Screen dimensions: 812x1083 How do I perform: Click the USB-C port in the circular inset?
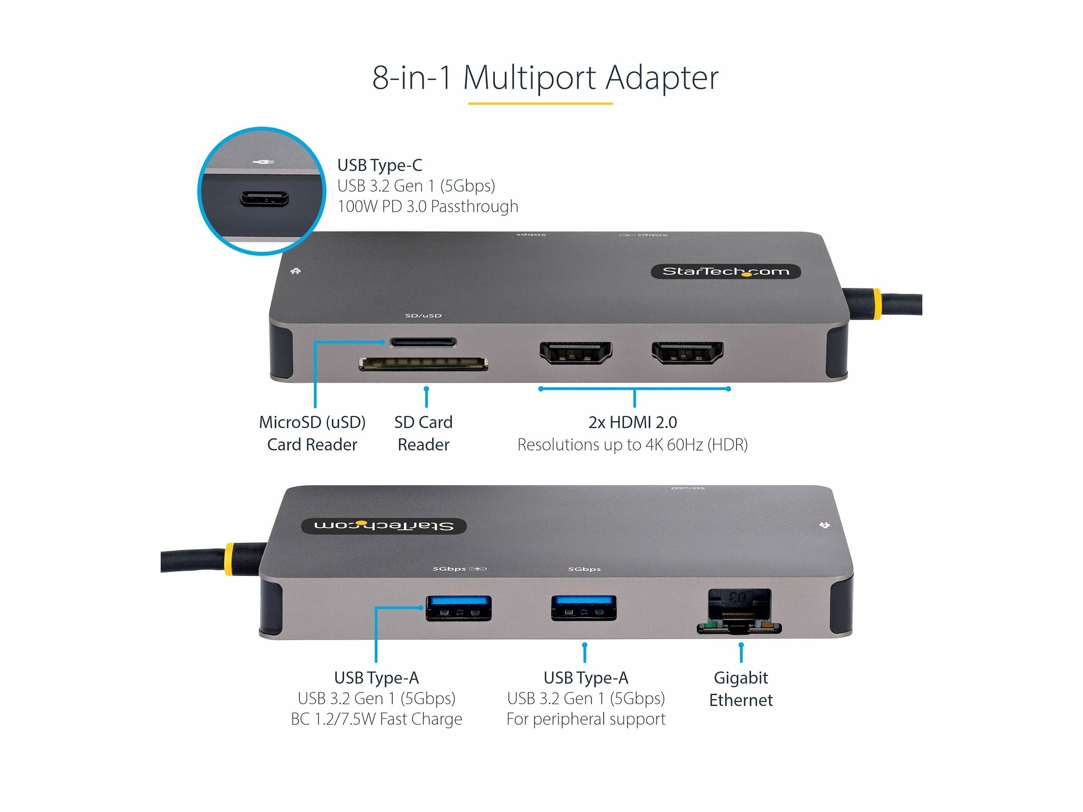tap(264, 199)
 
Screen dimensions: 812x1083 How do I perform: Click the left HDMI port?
tap(575, 353)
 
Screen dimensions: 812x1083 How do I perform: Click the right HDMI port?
tap(687, 353)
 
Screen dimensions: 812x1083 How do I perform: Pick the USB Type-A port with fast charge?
tap(458, 608)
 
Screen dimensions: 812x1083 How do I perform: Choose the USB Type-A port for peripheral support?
tap(583, 608)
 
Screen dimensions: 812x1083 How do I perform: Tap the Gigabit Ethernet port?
tap(739, 612)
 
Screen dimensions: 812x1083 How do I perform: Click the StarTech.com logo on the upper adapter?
tap(726, 271)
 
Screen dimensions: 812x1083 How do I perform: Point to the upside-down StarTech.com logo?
tap(384, 526)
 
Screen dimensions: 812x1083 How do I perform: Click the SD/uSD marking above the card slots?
tap(423, 316)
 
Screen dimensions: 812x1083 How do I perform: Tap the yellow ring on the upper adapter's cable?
tap(876, 304)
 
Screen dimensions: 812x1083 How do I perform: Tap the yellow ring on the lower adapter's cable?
tap(229, 559)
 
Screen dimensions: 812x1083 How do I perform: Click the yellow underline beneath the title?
tap(540, 103)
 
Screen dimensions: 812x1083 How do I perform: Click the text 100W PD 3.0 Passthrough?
tap(427, 207)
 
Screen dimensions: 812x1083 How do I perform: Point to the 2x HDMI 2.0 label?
tap(633, 422)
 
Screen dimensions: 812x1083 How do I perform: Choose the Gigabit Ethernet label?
tap(741, 689)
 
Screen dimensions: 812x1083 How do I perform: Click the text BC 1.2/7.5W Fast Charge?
tap(376, 719)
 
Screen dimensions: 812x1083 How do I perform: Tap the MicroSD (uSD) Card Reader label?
tap(312, 433)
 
